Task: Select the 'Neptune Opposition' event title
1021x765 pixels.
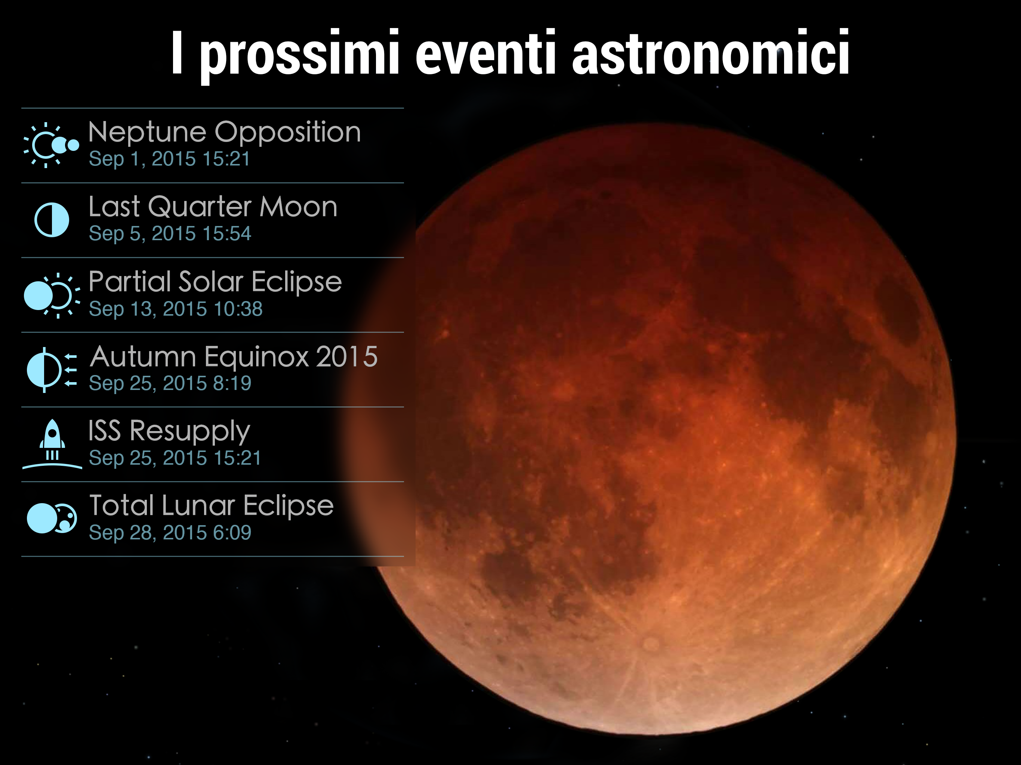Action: [224, 133]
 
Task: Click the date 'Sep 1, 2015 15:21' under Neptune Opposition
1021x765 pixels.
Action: [169, 159]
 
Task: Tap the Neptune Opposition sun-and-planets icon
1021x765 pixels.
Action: [51, 145]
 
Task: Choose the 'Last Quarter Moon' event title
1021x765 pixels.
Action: [213, 207]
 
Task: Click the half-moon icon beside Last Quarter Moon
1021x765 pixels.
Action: [52, 220]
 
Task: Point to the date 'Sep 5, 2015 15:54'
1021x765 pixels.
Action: [170, 233]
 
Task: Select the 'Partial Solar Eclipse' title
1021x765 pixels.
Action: [215, 282]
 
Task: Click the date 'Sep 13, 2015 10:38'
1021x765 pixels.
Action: [175, 309]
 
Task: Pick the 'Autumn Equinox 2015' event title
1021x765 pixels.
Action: [234, 357]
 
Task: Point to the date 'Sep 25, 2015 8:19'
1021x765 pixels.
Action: [170, 383]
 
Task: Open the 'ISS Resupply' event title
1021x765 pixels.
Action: [169, 432]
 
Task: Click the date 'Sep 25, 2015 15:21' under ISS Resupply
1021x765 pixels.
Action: [175, 458]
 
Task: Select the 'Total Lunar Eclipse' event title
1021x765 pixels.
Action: [211, 506]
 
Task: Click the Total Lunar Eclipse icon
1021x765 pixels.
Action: [52, 518]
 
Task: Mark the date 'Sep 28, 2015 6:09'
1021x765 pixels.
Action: [170, 532]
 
